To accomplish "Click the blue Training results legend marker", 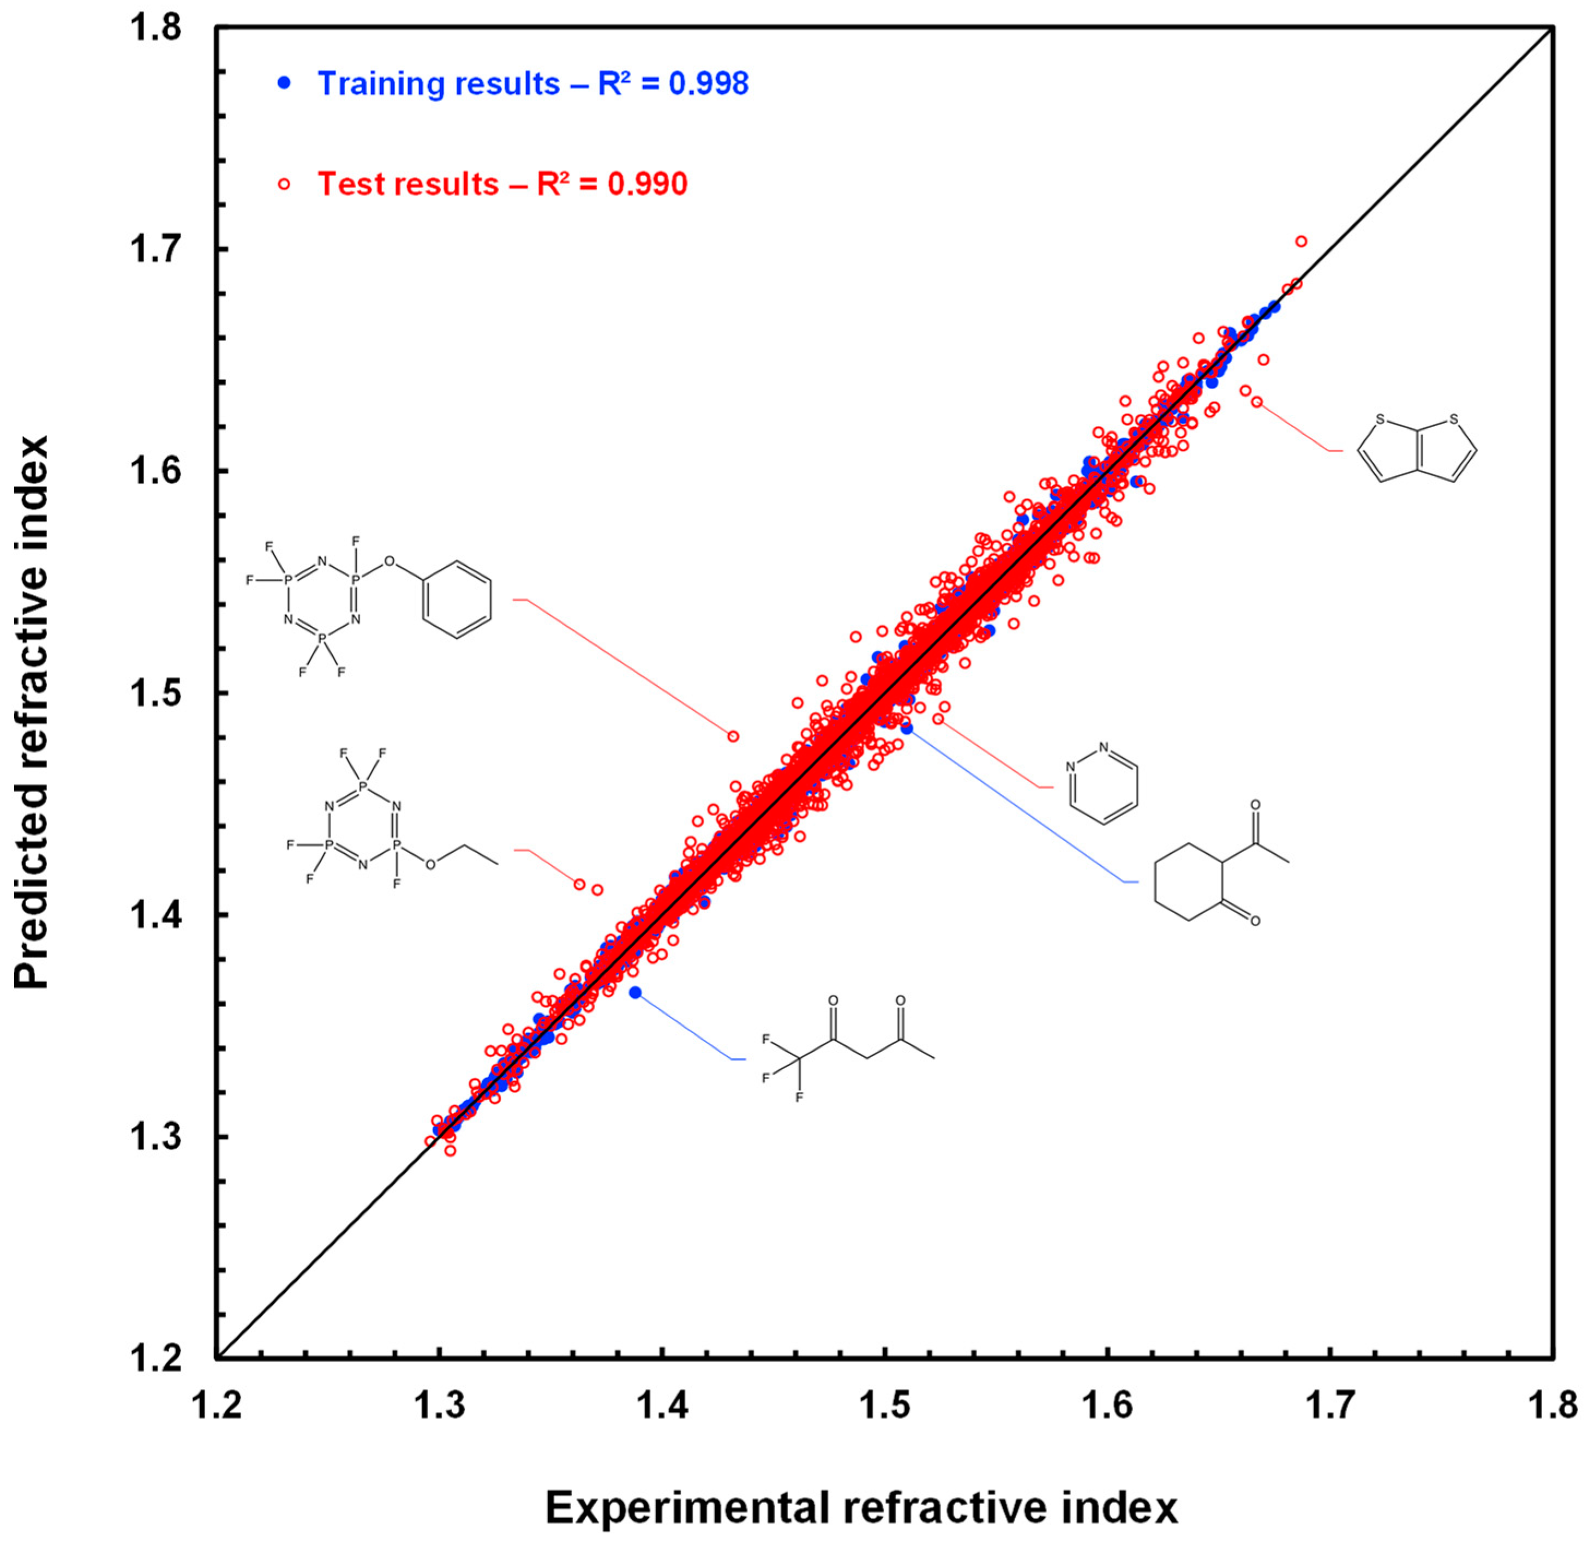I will point(284,83).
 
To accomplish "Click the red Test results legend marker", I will point(284,184).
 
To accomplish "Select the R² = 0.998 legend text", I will point(673,83).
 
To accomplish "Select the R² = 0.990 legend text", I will point(612,184).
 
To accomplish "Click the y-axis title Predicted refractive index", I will point(33,712).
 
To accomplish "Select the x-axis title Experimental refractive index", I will point(860,1507).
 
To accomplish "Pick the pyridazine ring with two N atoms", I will point(1104,786).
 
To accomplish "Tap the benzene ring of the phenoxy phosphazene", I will point(458,600).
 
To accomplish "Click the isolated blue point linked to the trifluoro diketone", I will point(635,993).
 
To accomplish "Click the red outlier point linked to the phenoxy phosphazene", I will point(733,736).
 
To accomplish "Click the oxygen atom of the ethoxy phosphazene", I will point(430,865).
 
